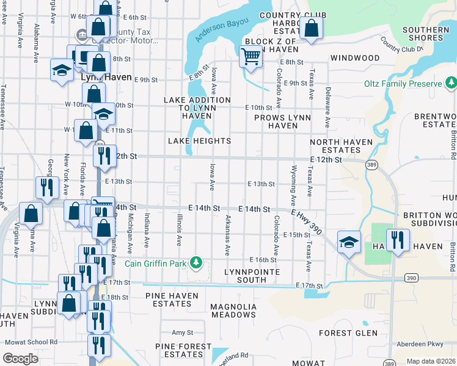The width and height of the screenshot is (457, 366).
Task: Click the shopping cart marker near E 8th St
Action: [x=251, y=57]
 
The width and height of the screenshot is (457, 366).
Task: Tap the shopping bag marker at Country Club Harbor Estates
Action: [x=312, y=29]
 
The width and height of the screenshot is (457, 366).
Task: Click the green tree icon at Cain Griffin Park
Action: [x=196, y=264]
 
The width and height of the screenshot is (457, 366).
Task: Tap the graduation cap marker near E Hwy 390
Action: [x=349, y=244]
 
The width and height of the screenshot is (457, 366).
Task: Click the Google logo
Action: [x=21, y=359]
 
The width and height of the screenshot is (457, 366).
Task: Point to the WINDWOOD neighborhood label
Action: [x=355, y=58]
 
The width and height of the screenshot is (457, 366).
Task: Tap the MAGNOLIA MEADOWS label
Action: [x=233, y=310]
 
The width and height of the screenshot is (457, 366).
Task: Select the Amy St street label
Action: [x=182, y=332]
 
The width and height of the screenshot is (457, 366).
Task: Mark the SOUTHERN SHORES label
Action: [x=426, y=34]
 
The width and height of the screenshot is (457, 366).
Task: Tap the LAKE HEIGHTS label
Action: [x=200, y=141]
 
